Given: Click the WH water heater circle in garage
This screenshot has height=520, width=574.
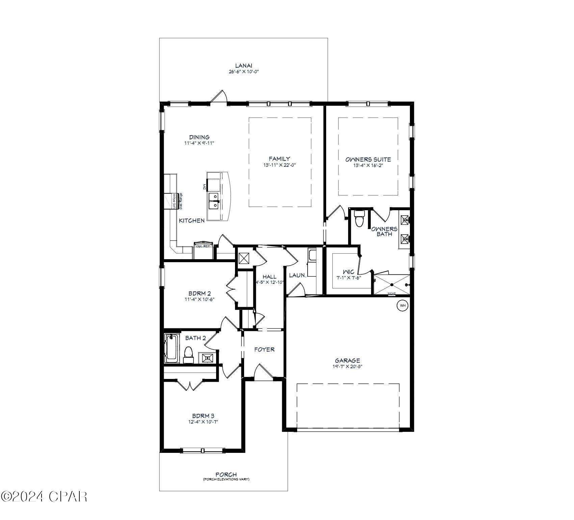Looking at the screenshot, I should pyautogui.click(x=402, y=305).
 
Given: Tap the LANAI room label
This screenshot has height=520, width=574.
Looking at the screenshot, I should pyautogui.click(x=244, y=66).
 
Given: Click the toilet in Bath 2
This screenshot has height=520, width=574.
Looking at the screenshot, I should pyautogui.click(x=188, y=354).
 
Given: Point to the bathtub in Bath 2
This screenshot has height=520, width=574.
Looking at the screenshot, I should pyautogui.click(x=172, y=348).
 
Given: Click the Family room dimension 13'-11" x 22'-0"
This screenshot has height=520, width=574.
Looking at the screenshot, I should pyautogui.click(x=280, y=165).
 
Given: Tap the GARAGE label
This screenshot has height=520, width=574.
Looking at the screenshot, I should pyautogui.click(x=347, y=360).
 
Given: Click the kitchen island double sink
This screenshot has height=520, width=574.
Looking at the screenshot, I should pyautogui.click(x=214, y=201).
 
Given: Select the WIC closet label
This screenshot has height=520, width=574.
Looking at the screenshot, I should pyautogui.click(x=348, y=272).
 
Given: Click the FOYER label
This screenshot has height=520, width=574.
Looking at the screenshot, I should pyautogui.click(x=264, y=350).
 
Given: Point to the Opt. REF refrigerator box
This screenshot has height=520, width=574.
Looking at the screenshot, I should pyautogui.click(x=203, y=246).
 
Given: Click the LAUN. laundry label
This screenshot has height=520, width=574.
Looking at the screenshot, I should pyautogui.click(x=297, y=275).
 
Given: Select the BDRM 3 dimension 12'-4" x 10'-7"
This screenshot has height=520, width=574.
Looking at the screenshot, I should pyautogui.click(x=203, y=422).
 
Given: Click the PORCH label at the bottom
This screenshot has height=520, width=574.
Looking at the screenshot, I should pyautogui.click(x=226, y=474).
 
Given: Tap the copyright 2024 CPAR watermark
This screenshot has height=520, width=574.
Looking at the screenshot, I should pyautogui.click(x=44, y=496).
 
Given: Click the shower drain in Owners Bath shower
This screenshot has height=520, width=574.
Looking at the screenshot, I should pyautogui.click(x=392, y=285).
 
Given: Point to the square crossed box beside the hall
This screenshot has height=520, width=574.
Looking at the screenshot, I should pyautogui.click(x=244, y=258).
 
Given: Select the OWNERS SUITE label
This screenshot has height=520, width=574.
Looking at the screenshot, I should pyautogui.click(x=368, y=159).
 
